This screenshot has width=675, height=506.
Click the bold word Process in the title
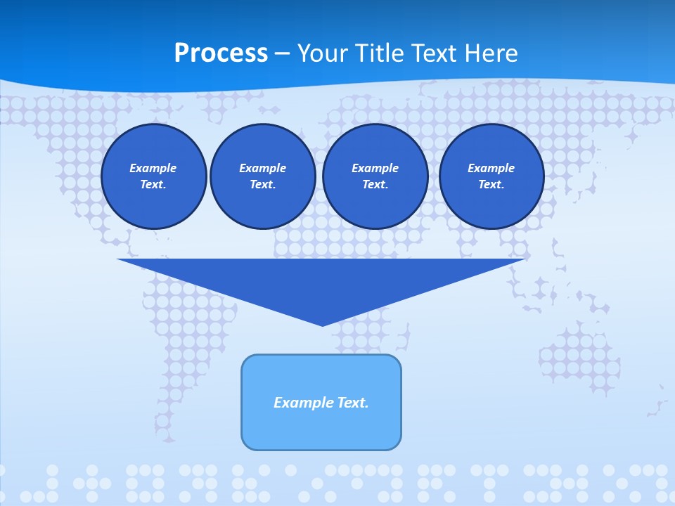click(x=221, y=53)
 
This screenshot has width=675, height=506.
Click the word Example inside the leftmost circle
click(x=153, y=168)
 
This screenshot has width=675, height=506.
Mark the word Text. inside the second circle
click(x=262, y=185)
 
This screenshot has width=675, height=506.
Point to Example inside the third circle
click(x=375, y=168)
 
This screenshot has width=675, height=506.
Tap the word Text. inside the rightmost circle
click(x=491, y=185)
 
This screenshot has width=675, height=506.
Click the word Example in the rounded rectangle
click(x=302, y=403)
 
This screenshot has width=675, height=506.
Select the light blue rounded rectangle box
click(x=321, y=429)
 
